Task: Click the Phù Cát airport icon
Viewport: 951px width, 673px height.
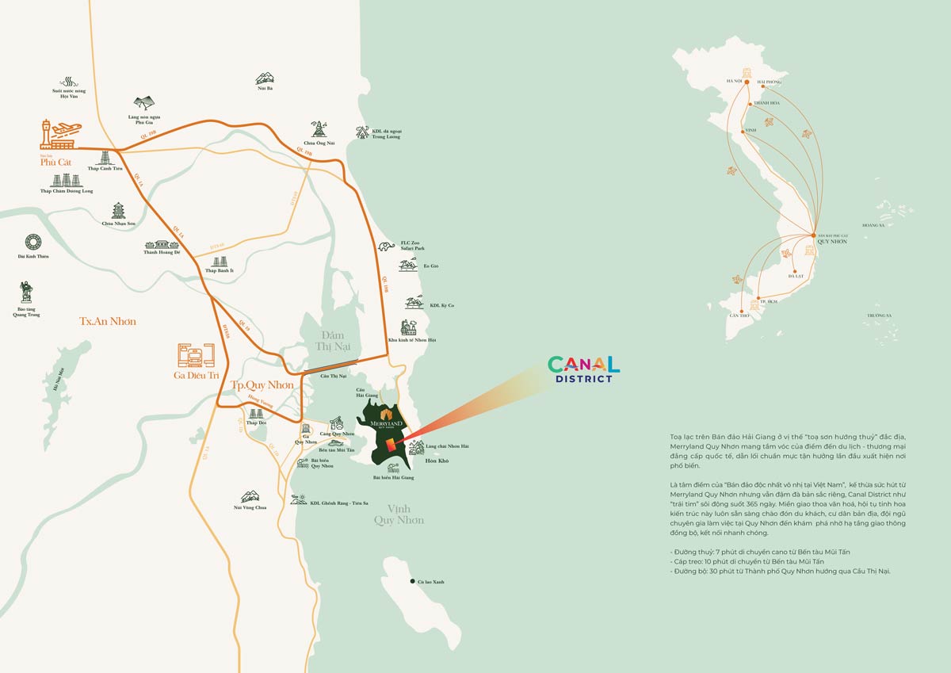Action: (x=59, y=136)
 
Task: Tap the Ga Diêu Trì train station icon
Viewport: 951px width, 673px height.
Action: (x=196, y=357)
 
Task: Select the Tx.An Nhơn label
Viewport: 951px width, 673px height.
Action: (x=107, y=321)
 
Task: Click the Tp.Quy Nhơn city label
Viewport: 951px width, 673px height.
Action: (x=262, y=385)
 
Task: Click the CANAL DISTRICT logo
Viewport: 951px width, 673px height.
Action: (x=583, y=369)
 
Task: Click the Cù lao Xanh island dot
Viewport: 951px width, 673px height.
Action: (x=413, y=582)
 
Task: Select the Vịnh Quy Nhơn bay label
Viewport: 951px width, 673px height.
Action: (x=399, y=514)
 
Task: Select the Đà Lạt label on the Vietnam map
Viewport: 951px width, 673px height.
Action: (x=796, y=275)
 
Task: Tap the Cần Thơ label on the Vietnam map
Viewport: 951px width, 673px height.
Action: (x=739, y=315)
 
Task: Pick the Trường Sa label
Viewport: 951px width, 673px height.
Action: (x=878, y=315)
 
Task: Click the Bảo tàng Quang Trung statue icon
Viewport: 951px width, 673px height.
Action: (x=26, y=292)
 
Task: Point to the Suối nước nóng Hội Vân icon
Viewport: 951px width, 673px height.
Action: (x=68, y=82)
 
